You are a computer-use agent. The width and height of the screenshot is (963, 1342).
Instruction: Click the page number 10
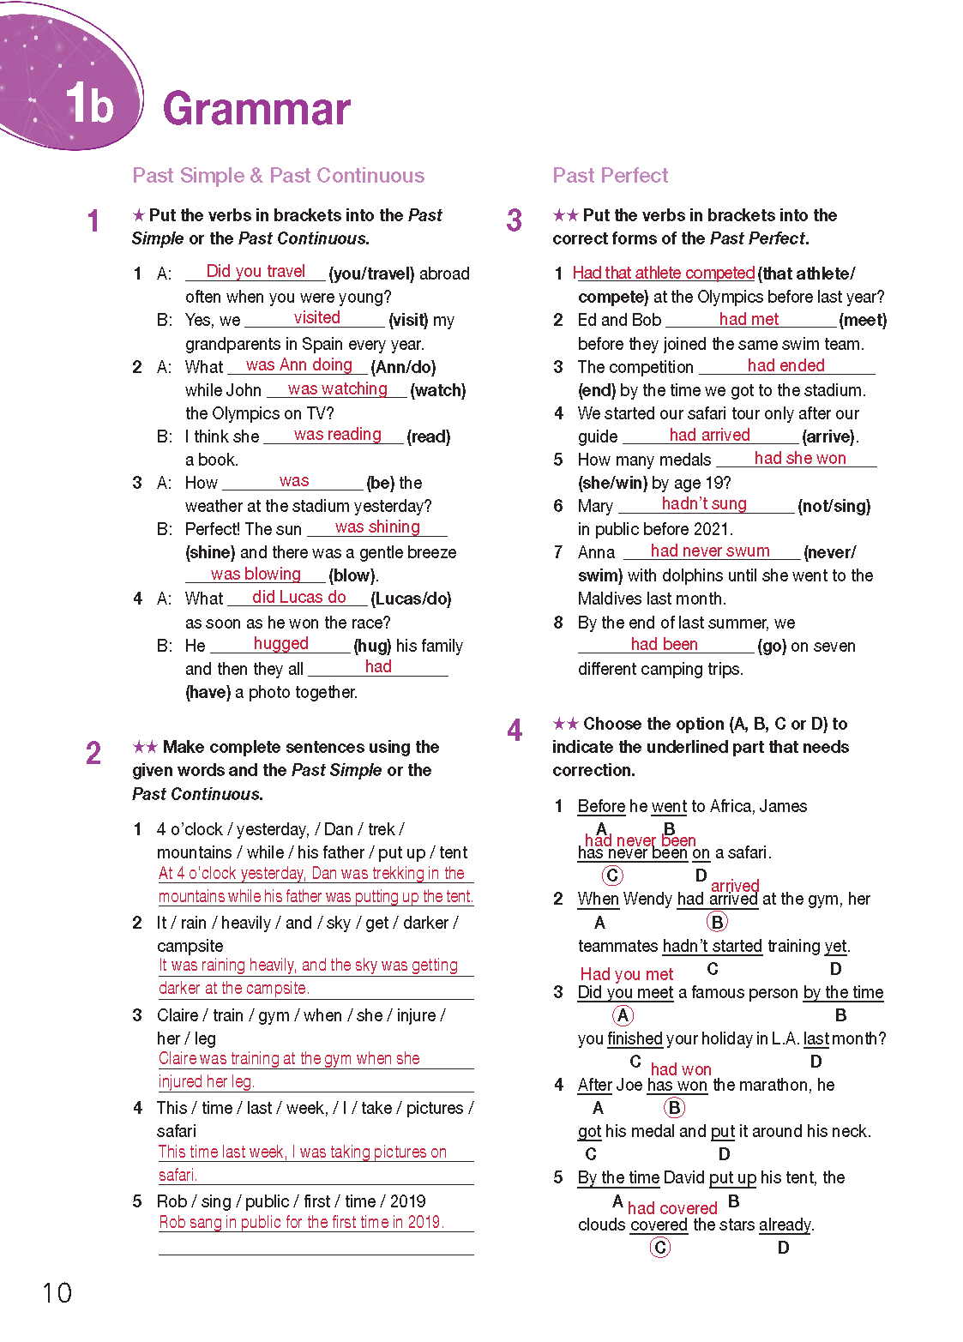tap(57, 1292)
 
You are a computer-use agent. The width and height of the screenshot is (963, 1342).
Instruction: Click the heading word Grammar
tap(256, 109)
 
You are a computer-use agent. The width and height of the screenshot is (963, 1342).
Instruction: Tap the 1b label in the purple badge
tap(89, 105)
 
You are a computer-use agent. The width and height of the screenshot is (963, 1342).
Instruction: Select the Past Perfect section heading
tap(610, 176)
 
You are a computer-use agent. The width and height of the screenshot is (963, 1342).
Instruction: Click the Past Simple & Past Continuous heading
tap(278, 176)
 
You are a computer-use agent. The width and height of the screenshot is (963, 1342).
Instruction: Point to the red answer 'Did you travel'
tap(256, 271)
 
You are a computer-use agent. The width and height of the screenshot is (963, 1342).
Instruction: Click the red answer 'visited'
tap(316, 317)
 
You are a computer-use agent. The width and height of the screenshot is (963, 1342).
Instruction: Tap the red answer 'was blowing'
tap(256, 574)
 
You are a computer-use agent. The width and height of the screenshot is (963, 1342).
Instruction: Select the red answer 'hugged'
tap(280, 643)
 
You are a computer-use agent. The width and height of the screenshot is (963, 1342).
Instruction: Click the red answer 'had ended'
tap(785, 365)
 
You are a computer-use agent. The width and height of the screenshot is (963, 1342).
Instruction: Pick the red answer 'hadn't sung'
tap(704, 503)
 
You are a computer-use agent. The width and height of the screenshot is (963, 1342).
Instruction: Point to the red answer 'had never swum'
tap(710, 551)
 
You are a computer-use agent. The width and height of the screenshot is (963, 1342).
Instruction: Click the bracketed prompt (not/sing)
tap(834, 506)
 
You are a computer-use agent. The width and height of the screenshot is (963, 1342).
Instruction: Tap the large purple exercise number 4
tap(515, 731)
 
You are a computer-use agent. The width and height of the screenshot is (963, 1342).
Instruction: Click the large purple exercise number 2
tap(93, 754)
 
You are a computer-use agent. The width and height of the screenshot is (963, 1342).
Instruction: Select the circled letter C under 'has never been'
tap(612, 876)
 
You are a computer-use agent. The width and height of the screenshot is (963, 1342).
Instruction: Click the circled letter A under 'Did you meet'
tap(623, 1015)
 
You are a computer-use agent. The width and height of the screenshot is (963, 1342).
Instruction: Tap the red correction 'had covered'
tap(672, 1207)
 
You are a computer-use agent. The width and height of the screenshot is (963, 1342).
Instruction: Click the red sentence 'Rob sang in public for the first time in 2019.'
tap(301, 1222)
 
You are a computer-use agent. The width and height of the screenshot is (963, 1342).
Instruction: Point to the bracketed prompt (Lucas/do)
tap(411, 599)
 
